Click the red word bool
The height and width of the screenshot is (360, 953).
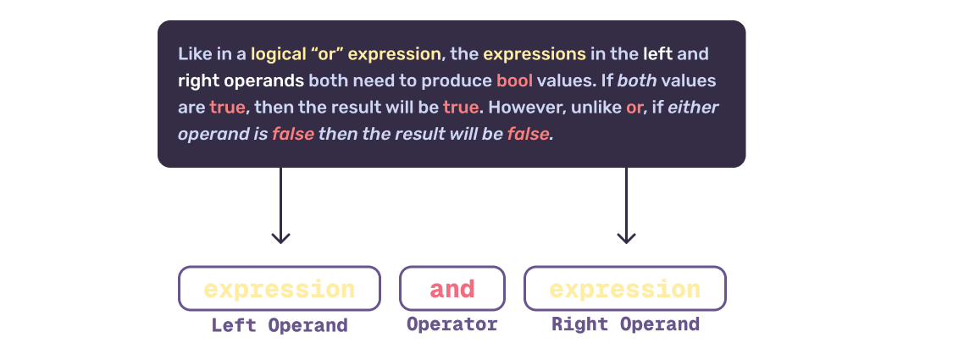(514, 81)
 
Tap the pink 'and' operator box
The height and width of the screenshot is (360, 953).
(452, 289)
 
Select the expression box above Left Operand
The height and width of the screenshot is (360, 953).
(280, 289)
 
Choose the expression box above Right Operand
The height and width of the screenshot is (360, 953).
(625, 289)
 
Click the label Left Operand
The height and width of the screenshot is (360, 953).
(280, 325)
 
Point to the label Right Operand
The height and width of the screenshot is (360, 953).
(625, 324)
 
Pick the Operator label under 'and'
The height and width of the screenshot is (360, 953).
(452, 324)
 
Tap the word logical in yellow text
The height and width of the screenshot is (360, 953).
(280, 54)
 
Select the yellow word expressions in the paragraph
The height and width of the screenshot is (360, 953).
(535, 54)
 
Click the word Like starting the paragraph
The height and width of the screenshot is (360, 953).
(194, 54)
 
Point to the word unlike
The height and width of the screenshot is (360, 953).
(596, 108)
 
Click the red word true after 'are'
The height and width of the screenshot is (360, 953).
(228, 108)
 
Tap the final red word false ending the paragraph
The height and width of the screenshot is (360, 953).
(529, 134)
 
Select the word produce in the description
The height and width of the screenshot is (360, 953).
(462, 81)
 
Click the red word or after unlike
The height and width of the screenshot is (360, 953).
(634, 108)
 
